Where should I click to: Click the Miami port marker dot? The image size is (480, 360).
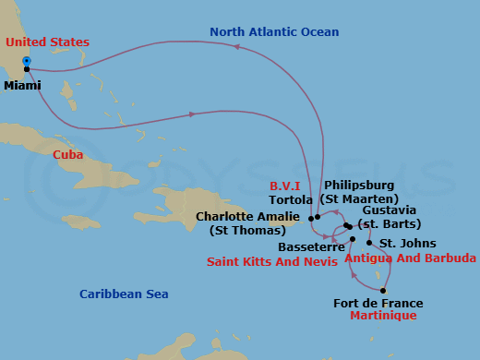27,69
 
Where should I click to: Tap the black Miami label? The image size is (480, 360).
22,86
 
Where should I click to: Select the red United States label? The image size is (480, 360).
47,42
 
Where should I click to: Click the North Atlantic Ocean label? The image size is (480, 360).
274,32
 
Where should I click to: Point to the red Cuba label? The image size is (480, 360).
67,154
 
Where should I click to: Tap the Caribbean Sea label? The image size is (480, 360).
124,294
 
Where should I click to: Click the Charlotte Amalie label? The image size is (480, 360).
247,217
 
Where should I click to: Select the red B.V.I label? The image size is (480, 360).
284,186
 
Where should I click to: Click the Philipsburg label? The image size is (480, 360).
359,186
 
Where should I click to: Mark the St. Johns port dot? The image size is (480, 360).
370,243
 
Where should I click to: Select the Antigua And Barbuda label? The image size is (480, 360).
410,258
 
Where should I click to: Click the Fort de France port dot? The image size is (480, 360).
383,290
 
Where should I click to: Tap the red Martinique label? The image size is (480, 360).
383,316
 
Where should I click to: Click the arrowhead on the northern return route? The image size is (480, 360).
236,45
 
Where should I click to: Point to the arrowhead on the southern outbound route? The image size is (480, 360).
192,114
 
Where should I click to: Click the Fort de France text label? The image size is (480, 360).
378,303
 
